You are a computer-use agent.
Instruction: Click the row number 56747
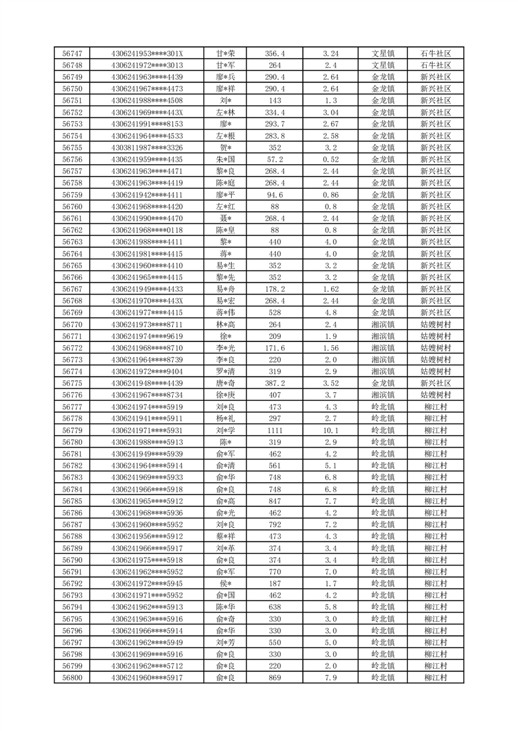[72, 53]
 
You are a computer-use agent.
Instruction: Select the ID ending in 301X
[147, 53]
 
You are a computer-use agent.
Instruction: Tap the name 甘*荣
[225, 53]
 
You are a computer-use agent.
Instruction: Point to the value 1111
[275, 430]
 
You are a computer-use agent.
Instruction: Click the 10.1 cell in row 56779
[331, 430]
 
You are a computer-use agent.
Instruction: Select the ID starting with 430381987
[147, 148]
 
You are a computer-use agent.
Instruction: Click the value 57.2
[275, 160]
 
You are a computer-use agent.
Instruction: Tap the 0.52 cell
[331, 160]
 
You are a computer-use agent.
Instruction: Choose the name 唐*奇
[225, 383]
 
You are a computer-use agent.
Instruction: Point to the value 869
[275, 678]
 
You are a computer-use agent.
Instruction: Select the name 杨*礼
[225, 418]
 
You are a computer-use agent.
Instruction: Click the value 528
[275, 313]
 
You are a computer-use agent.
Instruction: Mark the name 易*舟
[225, 289]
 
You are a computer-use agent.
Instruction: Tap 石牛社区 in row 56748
[436, 65]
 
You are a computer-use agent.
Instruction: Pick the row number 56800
[72, 678]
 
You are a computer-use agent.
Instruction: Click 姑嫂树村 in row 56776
[436, 395]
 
